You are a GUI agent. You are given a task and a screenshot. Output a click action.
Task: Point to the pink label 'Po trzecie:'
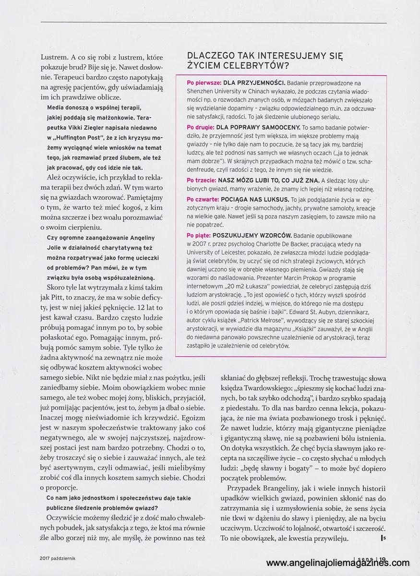(202, 180)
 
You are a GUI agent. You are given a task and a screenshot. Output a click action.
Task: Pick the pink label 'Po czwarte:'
(203, 199)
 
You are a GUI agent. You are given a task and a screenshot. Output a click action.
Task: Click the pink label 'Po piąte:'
(199, 235)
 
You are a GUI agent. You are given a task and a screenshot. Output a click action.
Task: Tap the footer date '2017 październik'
(60, 558)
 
